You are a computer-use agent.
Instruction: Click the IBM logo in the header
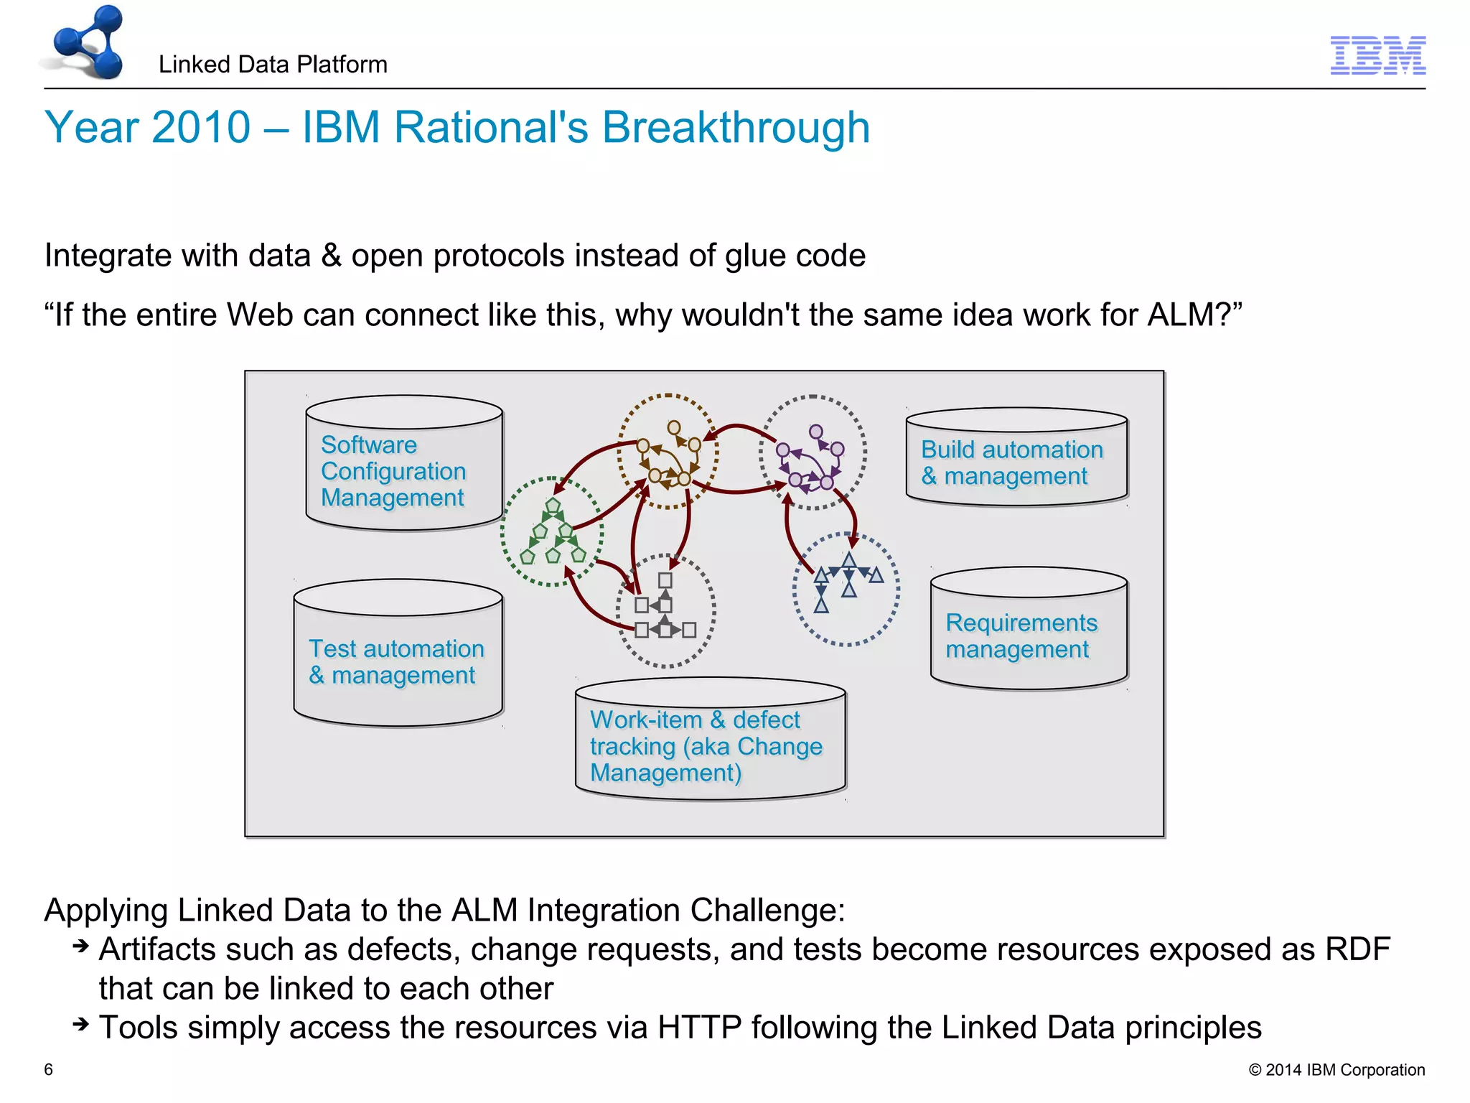coord(1377,55)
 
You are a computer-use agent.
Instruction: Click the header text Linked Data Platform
coord(273,65)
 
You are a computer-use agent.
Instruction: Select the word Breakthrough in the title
coord(735,127)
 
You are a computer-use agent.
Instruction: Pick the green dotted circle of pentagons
coord(552,532)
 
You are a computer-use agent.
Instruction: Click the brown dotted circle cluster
coord(668,452)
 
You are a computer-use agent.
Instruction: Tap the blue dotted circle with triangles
coord(846,590)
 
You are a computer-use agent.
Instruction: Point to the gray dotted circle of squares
coord(665,611)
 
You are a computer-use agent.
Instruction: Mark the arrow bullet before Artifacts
coord(80,946)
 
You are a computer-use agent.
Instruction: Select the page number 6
coord(49,1069)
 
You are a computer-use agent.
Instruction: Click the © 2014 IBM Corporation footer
coord(1336,1070)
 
